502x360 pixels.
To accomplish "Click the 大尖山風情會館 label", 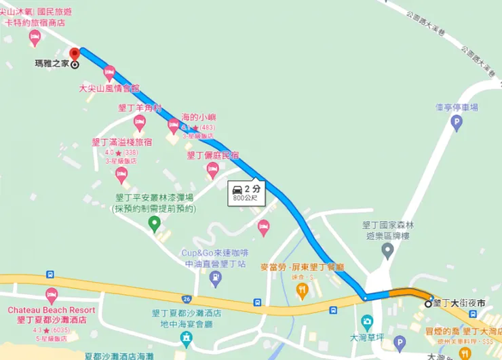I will click(109, 88).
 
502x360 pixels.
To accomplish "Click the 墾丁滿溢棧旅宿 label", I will click(121, 142).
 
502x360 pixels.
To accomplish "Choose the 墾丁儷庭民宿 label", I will click(213, 155).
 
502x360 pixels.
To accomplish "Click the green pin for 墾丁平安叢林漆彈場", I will click(155, 222).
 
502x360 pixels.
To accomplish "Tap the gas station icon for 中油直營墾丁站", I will click(215, 277).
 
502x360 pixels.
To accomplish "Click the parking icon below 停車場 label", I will click(457, 123).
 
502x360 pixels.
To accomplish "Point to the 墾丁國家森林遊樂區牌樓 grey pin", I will click(387, 252).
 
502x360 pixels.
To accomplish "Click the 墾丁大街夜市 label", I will click(459, 303).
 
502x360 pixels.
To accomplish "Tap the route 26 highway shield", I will click(187, 298).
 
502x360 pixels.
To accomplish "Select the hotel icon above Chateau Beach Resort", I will click(51, 295).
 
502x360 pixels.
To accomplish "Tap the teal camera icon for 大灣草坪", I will click(367, 320).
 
